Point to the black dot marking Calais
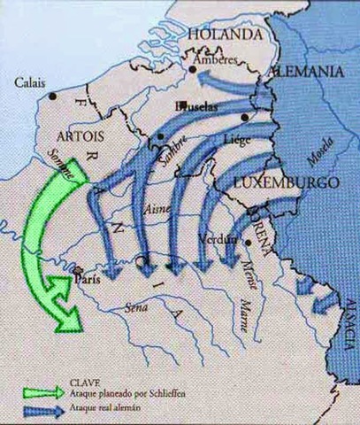point(55,95)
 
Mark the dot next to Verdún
point(249,242)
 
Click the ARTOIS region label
point(80,138)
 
